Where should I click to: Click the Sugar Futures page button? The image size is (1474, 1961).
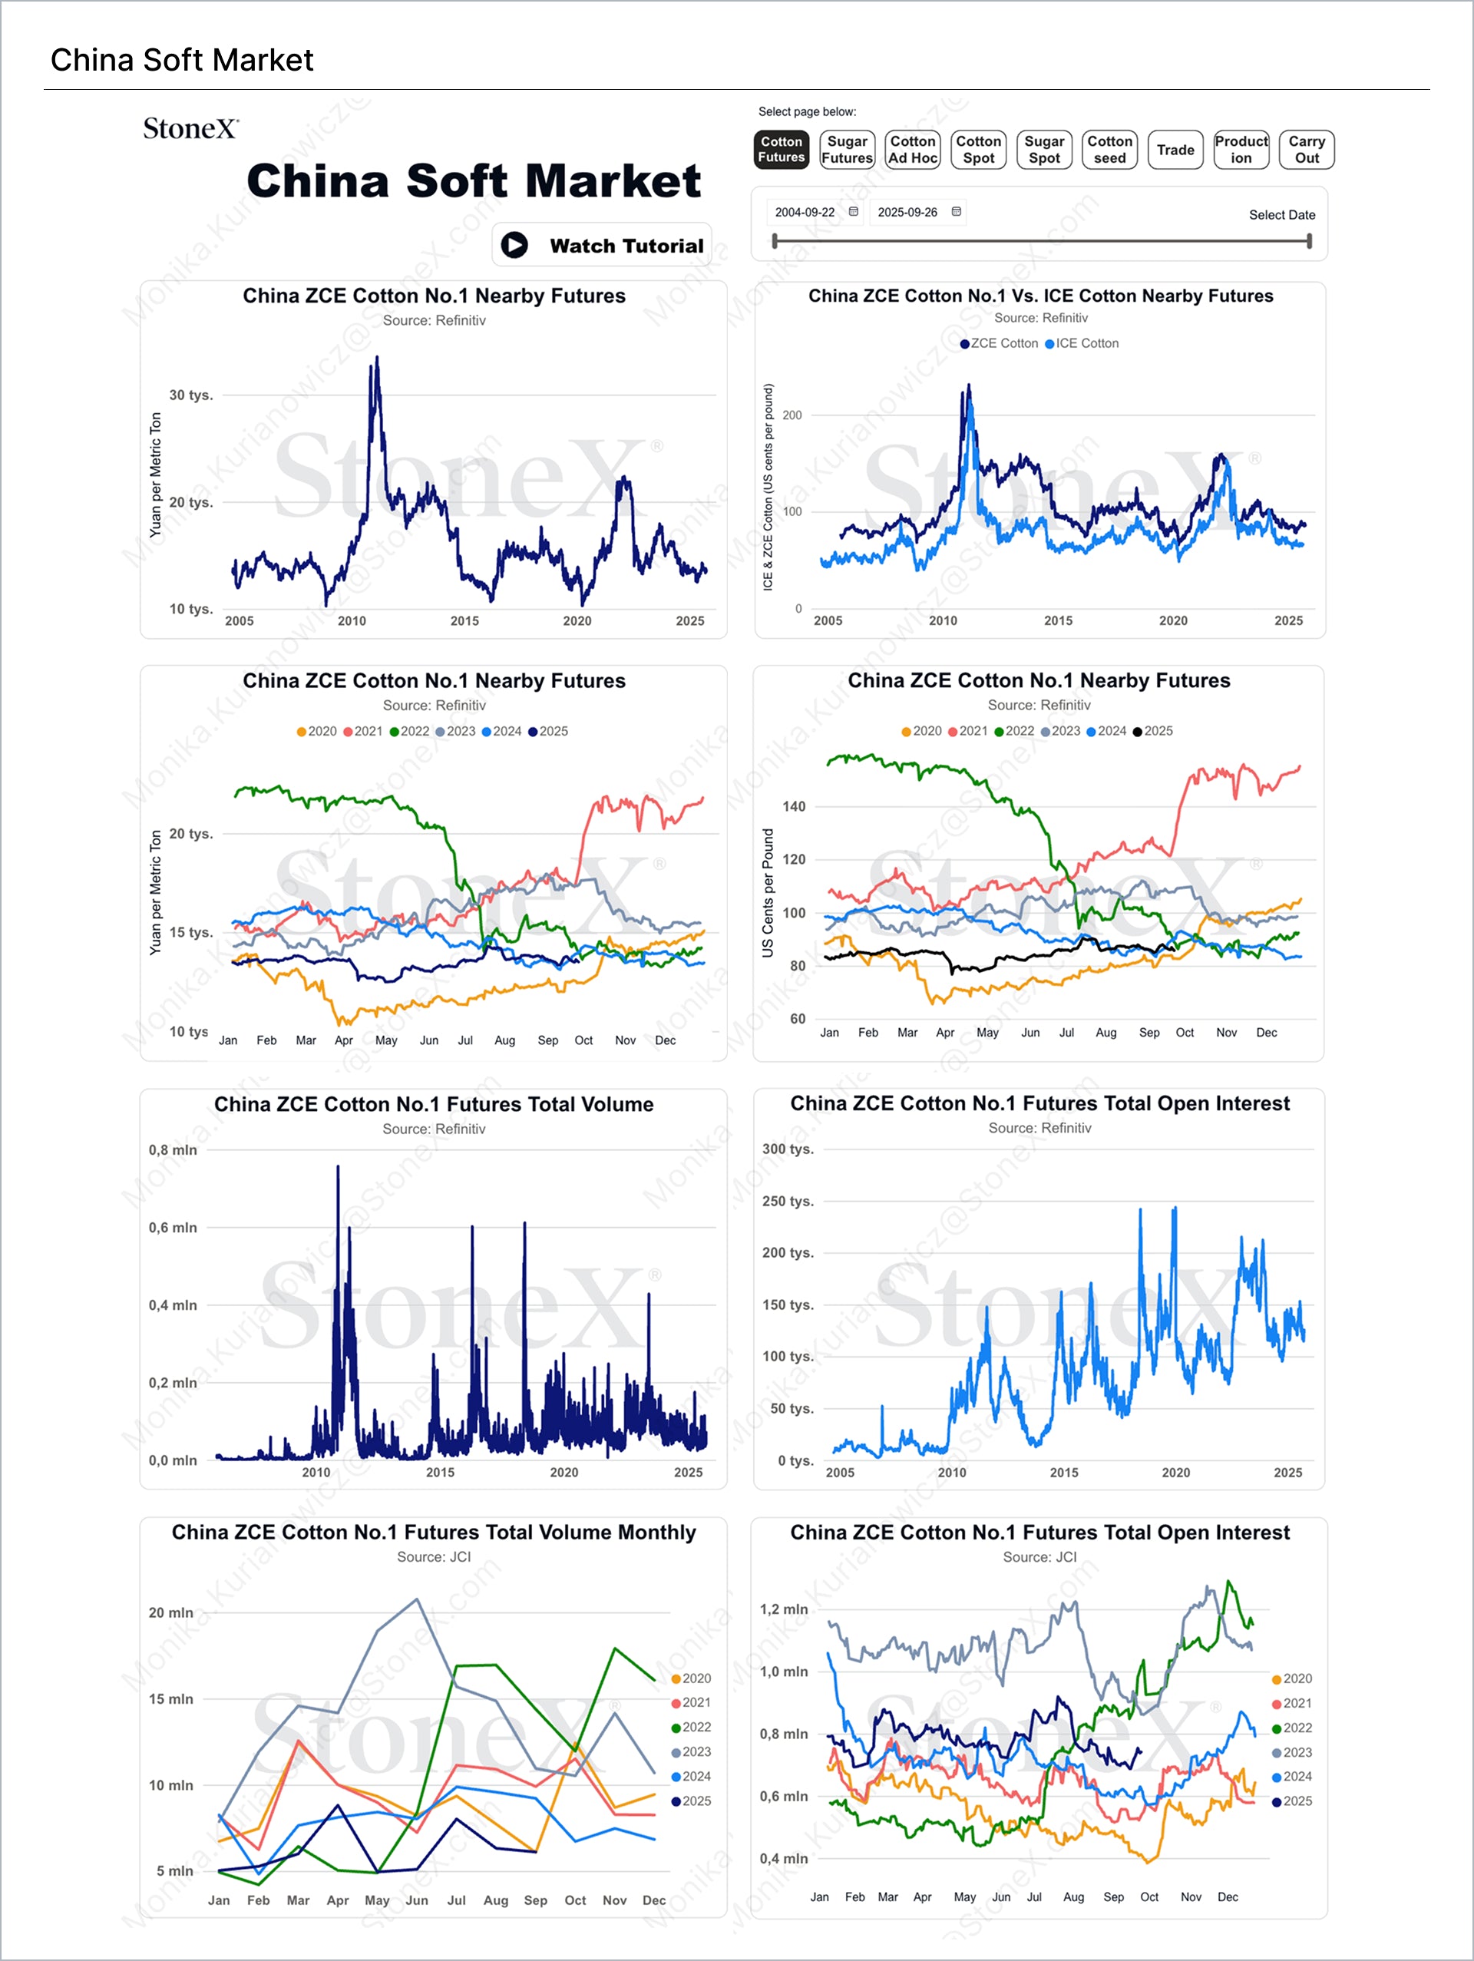click(x=847, y=150)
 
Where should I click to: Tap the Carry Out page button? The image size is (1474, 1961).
click(x=1307, y=150)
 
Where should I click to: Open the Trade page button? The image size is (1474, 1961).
click(x=1175, y=150)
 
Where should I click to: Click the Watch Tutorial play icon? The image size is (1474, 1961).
click(x=514, y=245)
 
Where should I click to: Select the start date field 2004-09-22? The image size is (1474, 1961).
click(x=805, y=213)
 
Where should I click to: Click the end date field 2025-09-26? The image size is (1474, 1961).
click(x=907, y=213)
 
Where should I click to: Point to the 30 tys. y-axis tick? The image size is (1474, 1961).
click(x=190, y=395)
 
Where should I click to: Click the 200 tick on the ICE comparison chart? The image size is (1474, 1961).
click(x=792, y=415)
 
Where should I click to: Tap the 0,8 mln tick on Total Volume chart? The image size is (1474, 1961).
click(x=173, y=1150)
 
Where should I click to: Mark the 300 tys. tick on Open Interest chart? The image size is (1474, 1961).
click(x=787, y=1149)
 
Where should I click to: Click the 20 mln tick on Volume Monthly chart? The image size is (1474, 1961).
click(x=171, y=1612)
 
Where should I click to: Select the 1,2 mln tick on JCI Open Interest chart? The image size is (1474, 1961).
click(x=784, y=1609)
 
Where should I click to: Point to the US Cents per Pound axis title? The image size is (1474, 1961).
click(x=768, y=893)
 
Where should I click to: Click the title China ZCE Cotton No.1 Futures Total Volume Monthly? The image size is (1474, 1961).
click(x=434, y=1532)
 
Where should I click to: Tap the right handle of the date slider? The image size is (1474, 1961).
click(x=1309, y=241)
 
